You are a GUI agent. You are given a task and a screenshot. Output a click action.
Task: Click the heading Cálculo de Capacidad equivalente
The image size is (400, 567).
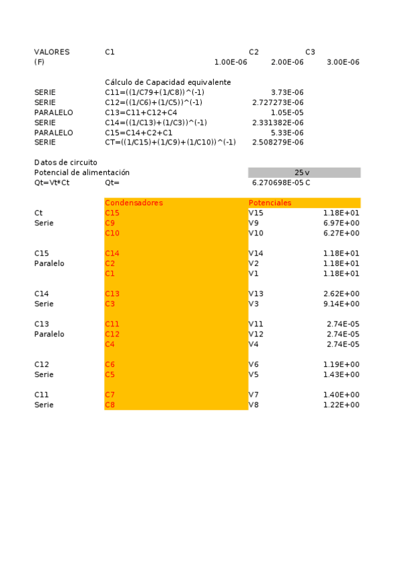tap(168, 82)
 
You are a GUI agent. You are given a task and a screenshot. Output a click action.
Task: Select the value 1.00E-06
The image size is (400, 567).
tap(230, 62)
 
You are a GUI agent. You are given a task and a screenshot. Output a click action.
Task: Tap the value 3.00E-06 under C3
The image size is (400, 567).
tap(343, 62)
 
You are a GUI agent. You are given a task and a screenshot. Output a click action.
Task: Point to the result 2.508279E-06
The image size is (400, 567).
tap(278, 142)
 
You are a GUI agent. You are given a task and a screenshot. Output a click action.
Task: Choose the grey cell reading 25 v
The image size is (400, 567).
tap(304, 173)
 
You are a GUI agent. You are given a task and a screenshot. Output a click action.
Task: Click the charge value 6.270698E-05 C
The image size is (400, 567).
tap(280, 183)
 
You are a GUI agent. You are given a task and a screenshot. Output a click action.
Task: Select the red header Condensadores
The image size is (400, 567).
tap(134, 203)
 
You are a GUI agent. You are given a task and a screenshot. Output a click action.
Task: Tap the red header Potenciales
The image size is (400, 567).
tap(270, 203)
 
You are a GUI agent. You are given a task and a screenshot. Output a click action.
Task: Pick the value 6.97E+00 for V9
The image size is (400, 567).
tap(341, 223)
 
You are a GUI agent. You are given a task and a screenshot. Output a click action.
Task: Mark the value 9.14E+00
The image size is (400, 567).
tap(341, 304)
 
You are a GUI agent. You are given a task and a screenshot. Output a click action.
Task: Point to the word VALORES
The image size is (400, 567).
tap(51, 51)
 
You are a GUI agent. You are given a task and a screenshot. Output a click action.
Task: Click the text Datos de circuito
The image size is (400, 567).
tap(65, 162)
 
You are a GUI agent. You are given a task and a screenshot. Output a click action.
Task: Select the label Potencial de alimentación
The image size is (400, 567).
tap(81, 173)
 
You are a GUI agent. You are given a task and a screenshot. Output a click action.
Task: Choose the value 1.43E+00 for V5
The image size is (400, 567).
tap(341, 374)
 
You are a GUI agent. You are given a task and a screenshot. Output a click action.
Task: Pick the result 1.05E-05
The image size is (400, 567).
tap(288, 112)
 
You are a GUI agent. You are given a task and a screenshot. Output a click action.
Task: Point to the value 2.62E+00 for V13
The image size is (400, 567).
tap(341, 294)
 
